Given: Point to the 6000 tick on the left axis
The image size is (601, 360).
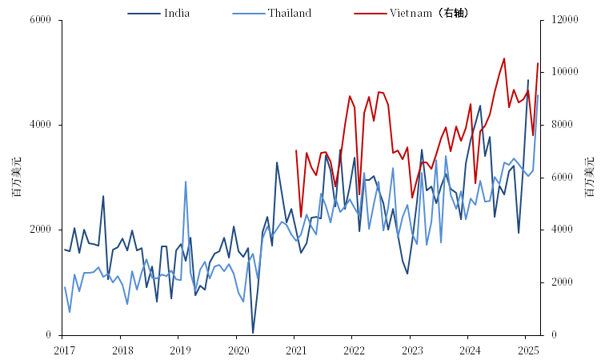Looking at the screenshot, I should coord(40,19).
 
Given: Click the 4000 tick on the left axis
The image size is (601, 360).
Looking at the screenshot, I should coord(40,125).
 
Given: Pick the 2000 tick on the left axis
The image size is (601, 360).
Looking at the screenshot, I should coord(40,230).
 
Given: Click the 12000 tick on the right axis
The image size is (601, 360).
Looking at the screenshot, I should coord(561,19).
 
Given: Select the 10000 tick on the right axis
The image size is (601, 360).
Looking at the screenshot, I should coord(561,72).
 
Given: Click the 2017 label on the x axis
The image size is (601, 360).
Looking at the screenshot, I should coord(63,350).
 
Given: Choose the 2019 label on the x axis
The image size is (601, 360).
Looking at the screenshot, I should coord(180,350).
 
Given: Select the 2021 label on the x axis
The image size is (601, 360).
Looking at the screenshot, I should coord(296,350).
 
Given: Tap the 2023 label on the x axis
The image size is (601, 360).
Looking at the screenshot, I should coord(412,350).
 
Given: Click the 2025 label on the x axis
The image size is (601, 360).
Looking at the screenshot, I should coord(528,350).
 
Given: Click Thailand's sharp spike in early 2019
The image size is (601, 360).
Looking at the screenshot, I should coord(186,182).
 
